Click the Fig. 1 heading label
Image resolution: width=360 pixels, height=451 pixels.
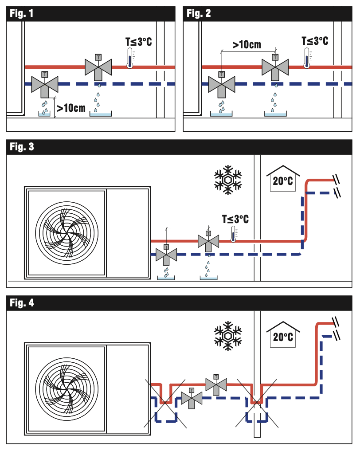point(22,13)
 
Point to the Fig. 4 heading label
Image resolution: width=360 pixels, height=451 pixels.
point(22,303)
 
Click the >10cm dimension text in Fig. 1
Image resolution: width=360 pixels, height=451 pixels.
point(71,107)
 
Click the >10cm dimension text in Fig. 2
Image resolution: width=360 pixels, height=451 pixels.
point(247,44)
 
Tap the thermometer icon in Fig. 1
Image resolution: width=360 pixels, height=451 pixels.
point(130,58)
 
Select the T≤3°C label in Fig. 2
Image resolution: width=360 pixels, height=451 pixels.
point(315,41)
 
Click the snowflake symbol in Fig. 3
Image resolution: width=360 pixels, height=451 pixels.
point(228,180)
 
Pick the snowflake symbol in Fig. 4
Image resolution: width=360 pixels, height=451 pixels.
point(228,336)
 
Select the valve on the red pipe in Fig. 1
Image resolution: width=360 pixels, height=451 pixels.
point(98,67)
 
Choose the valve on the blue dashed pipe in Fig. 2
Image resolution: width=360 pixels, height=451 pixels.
point(221,83)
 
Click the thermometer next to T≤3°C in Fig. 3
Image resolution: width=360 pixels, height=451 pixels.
point(233,234)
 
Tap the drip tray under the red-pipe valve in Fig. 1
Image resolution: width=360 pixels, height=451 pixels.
point(101,114)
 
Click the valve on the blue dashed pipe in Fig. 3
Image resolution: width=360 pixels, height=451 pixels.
point(166,255)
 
